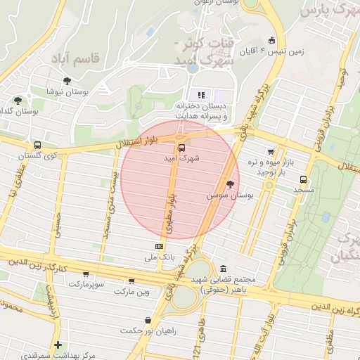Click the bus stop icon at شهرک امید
click(181, 148)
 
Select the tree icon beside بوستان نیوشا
click(67, 82)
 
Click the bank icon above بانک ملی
click(159, 246)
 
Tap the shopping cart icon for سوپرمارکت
click(86, 274)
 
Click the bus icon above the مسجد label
click(304, 179)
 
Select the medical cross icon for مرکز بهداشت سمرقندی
click(58, 345)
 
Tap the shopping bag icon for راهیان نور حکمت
click(148, 320)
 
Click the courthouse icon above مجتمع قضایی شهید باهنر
click(223, 269)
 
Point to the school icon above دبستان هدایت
click(201, 95)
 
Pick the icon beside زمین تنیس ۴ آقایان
click(272, 40)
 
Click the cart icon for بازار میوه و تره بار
click(270, 151)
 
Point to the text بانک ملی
click(158, 258)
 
